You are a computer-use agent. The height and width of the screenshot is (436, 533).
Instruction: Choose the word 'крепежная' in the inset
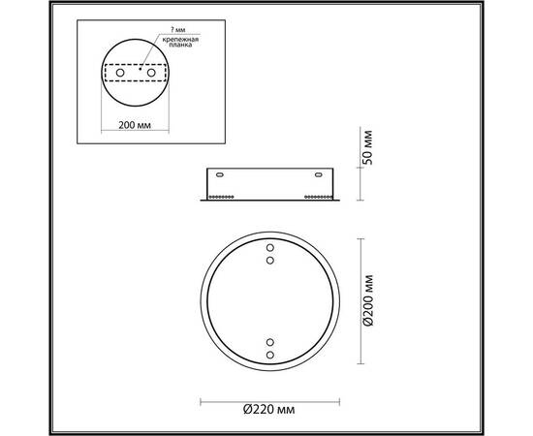tap(181, 38)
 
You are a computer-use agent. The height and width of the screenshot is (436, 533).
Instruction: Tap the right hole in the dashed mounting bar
tap(153, 73)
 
